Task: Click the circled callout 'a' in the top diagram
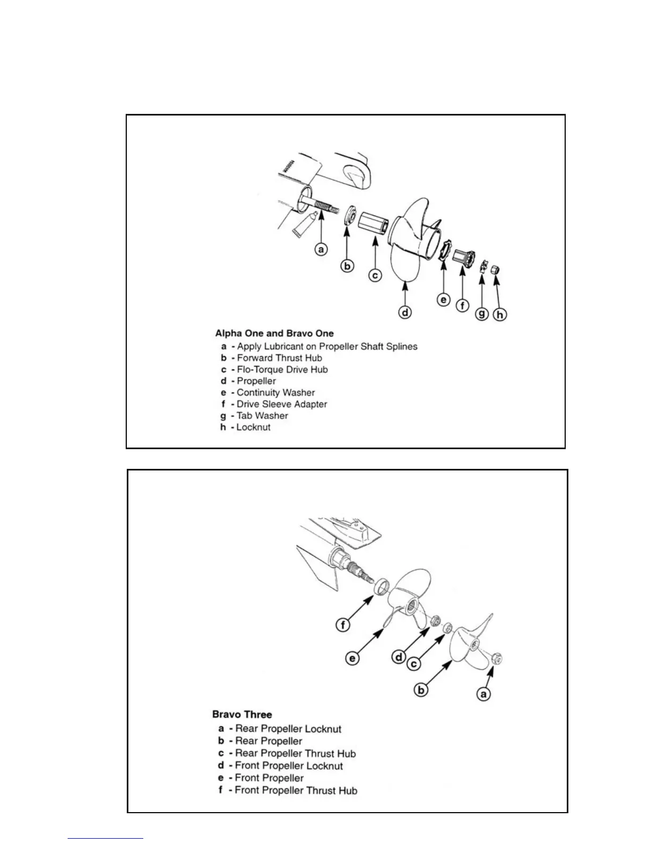pyautogui.click(x=321, y=249)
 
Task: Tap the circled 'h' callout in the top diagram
pyautogui.click(x=500, y=315)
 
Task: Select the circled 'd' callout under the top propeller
pyautogui.click(x=405, y=312)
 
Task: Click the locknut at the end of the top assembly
pyautogui.click(x=494, y=269)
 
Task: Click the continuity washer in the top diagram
pyautogui.click(x=443, y=250)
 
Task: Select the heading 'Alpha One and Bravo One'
pyautogui.click(x=274, y=334)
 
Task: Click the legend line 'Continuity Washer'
pyautogui.click(x=275, y=393)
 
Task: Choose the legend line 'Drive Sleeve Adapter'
pyautogui.click(x=281, y=404)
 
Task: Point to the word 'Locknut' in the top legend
pyautogui.click(x=253, y=427)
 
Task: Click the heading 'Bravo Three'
pyautogui.click(x=242, y=715)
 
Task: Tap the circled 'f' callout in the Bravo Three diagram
pyautogui.click(x=343, y=624)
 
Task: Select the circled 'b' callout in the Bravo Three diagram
pyautogui.click(x=421, y=690)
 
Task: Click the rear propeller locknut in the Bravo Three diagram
pyautogui.click(x=495, y=658)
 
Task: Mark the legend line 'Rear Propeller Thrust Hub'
pyautogui.click(x=295, y=754)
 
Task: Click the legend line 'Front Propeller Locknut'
pyautogui.click(x=289, y=766)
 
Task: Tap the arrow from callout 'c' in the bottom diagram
pyautogui.click(x=431, y=647)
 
